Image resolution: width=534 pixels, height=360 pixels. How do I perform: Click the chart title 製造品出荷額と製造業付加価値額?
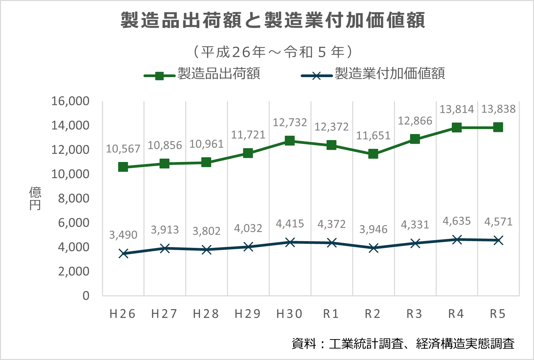pos(273,20)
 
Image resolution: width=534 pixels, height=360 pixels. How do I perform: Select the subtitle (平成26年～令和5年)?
pos(273,52)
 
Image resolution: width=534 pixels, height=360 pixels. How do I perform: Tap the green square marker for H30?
pos(290,140)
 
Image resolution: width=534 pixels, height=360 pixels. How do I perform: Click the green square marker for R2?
pos(373,154)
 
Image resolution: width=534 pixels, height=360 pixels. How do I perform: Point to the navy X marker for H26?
pos(123,253)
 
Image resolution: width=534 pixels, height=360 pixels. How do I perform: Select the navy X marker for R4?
pos(457,239)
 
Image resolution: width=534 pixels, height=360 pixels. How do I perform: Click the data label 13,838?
pos(498,109)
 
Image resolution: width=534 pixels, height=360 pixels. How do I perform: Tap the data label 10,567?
pos(123,149)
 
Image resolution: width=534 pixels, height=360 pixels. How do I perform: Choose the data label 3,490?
pos(123,235)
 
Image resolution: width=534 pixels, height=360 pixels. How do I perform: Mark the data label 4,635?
pos(457,221)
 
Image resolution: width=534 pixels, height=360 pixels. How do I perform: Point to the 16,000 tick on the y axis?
pos(70,101)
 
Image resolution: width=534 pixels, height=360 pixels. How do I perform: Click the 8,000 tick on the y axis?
pos(74,198)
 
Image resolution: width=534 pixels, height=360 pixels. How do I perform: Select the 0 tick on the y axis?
pos(86,296)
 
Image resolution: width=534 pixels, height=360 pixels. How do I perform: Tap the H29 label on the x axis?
pos(248,314)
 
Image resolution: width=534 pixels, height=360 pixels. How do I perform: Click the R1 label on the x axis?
pos(331,314)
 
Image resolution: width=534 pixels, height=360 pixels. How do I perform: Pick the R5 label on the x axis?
pos(498,314)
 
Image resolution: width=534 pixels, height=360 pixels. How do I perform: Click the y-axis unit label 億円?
pos(35,198)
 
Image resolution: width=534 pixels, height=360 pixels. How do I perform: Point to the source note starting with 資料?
pos(403,343)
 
